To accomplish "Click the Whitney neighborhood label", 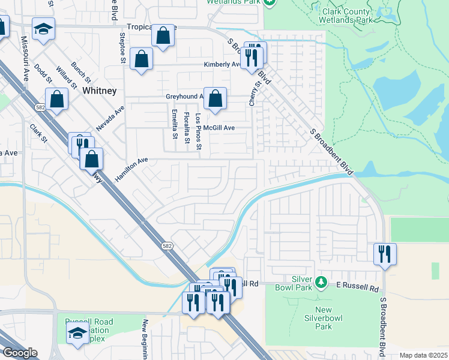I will (99, 91).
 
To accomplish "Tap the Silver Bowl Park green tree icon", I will (321, 281).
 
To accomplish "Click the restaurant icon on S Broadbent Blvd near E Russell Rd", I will (384, 254).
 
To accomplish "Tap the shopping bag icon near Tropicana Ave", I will (163, 36).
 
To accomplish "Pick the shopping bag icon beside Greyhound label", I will (215, 99).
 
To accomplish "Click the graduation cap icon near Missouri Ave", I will (43, 30).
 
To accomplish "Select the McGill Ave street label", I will (218, 128).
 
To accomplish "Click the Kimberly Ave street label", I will (222, 64).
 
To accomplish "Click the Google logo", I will (20, 353).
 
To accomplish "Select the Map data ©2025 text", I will (423, 355).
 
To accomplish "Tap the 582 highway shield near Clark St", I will (40, 107).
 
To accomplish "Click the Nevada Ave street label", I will (110, 118).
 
